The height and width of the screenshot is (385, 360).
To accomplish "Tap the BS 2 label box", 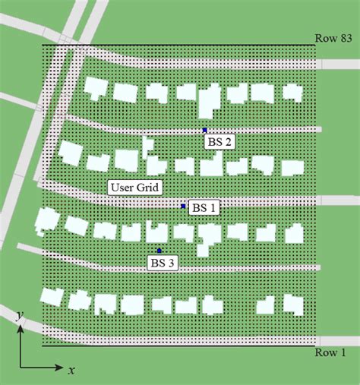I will (x=217, y=142).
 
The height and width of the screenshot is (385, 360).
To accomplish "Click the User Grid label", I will (x=133, y=188).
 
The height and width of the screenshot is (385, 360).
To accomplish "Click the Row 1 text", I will (x=331, y=353).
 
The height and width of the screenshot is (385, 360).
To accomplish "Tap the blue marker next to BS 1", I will (x=183, y=206).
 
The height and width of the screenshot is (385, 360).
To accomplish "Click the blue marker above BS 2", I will (x=204, y=131).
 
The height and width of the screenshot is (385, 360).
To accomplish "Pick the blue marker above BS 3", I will (x=159, y=251).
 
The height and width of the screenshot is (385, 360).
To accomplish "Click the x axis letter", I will (x=71, y=371).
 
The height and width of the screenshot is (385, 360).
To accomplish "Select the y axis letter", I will (x=18, y=314).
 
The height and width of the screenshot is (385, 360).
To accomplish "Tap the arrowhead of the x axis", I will (x=60, y=368).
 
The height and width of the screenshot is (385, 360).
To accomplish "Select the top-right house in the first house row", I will (x=292, y=92).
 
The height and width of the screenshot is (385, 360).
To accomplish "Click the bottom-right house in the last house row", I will (x=292, y=303).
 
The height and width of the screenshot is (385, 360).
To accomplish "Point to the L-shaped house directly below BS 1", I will (x=207, y=238).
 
